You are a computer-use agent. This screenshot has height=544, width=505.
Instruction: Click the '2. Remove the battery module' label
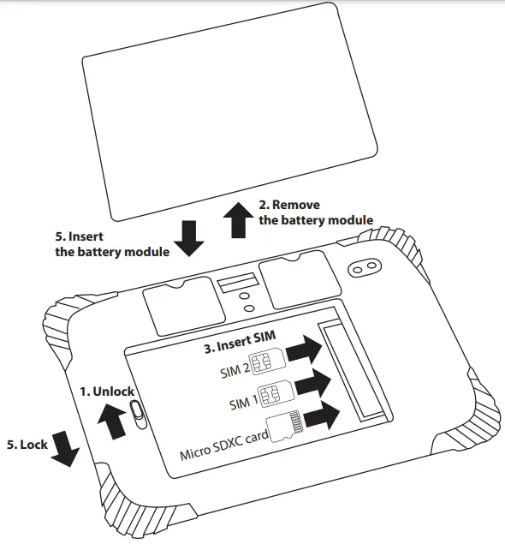point(315,213)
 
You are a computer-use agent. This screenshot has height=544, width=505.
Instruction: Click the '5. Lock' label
point(27,445)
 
